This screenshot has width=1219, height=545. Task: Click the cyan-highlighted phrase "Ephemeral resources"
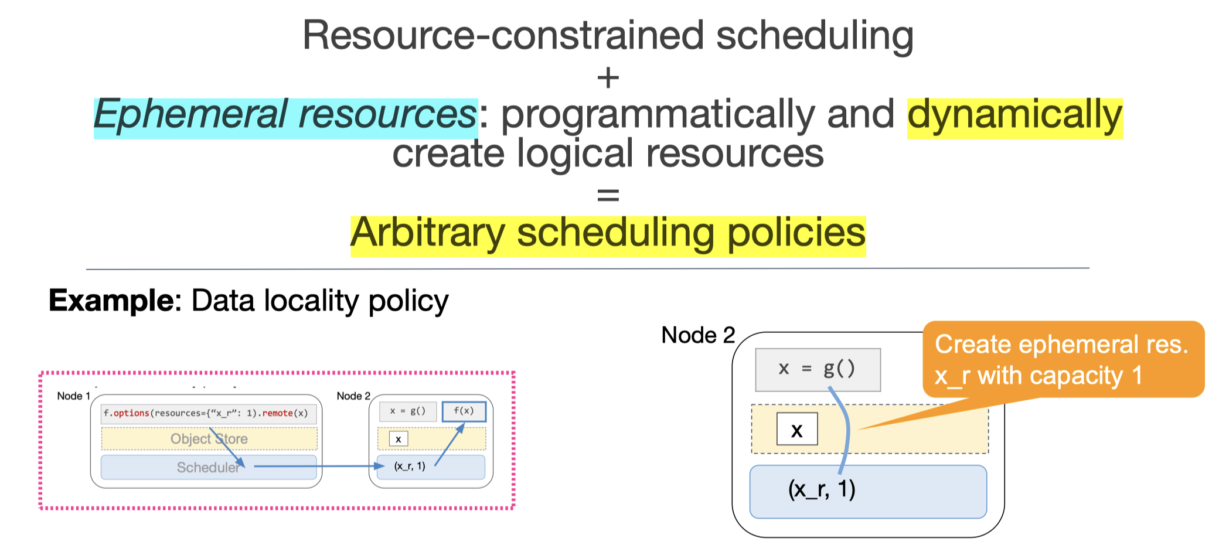pos(285,115)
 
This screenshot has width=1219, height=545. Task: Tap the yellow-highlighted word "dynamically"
pos(1014,115)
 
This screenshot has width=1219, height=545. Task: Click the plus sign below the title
pos(608,78)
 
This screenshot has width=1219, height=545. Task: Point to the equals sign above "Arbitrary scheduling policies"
pos(608,195)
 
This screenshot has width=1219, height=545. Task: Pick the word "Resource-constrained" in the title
pos(503,35)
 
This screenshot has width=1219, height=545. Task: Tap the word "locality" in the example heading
pos(311,301)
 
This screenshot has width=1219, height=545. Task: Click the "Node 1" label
pos(73,396)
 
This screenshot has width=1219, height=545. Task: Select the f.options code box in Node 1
pos(208,413)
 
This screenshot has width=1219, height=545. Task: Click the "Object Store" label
pos(209,439)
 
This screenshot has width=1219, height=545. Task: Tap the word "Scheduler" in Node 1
pos(208,468)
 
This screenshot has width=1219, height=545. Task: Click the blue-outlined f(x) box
pos(464,411)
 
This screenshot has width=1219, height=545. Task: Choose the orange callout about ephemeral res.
pos(1062,359)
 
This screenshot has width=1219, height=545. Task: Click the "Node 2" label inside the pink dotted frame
pos(353,396)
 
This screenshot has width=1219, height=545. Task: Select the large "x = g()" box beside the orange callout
pos(817,369)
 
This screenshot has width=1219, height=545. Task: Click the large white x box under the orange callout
pos(796,430)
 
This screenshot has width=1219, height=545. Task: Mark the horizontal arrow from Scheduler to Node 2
pos(316,466)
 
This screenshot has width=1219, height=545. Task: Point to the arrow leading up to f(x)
pos(450,445)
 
